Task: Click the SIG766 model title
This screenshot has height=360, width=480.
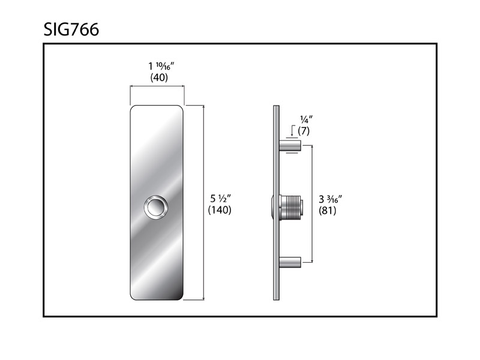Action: (x=71, y=29)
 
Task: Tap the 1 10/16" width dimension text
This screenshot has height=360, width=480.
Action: (x=158, y=66)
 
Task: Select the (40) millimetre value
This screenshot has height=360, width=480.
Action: (x=158, y=77)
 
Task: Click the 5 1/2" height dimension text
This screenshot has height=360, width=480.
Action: (x=220, y=198)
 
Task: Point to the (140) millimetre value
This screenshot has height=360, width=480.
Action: (x=220, y=210)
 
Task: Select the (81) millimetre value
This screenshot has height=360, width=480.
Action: (x=328, y=211)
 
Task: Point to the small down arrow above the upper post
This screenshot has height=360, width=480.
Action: (x=292, y=130)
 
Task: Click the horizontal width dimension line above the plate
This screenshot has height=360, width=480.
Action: (x=157, y=87)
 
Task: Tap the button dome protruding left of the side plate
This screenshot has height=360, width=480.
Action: (x=272, y=207)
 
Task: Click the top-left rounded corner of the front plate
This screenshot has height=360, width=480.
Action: (x=134, y=109)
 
